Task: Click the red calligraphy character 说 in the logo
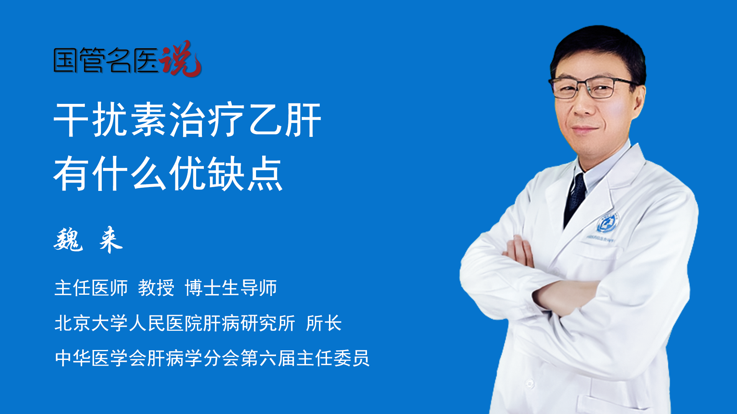pos(180,59)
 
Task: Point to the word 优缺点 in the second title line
pos(226,174)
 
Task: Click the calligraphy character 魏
pos(68,240)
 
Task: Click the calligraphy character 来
pos(111,240)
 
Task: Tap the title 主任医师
pos(91,288)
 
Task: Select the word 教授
pos(156,288)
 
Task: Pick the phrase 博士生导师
pos(231,288)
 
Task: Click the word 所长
pos(324,323)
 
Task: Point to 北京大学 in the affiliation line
pos(91,323)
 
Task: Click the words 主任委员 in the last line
pos(333,358)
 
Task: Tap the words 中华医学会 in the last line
pos(101,358)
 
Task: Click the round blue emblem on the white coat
pos(607,223)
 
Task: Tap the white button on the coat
pos(530,383)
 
